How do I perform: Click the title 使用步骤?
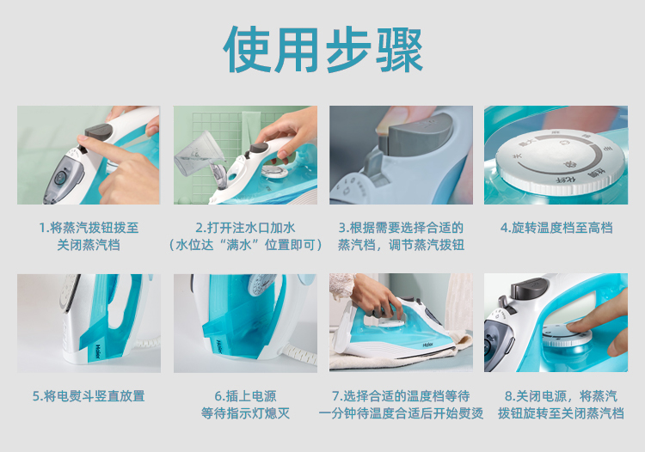click(322, 49)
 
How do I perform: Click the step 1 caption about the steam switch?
click(89, 236)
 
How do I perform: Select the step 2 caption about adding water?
click(245, 236)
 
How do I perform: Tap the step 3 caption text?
click(401, 236)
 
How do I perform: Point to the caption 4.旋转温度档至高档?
click(556, 228)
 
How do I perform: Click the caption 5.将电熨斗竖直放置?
click(89, 396)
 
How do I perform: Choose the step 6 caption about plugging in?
click(245, 405)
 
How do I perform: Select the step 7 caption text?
click(401, 405)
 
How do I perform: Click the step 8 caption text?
click(561, 405)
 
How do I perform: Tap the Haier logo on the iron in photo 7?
click(428, 345)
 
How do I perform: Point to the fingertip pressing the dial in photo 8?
click(574, 327)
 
